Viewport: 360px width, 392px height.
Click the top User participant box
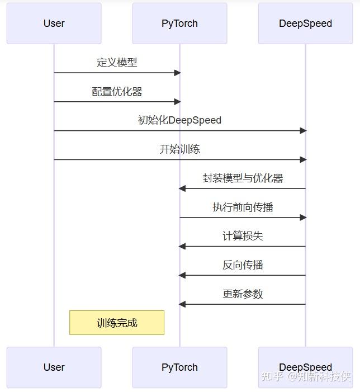[x=54, y=23]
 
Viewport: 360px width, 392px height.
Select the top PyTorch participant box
[x=179, y=23]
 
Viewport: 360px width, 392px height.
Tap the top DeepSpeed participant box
[x=305, y=23]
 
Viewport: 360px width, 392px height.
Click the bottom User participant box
[x=54, y=367]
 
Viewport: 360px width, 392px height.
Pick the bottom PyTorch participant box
[x=179, y=367]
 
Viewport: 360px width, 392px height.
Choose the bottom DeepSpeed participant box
[x=305, y=367]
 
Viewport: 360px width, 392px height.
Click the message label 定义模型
[x=117, y=62]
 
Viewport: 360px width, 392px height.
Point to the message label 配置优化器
[x=117, y=91]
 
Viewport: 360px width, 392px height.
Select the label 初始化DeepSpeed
[x=179, y=120]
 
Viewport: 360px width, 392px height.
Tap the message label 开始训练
[x=179, y=149]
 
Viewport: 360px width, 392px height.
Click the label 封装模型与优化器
[x=243, y=178]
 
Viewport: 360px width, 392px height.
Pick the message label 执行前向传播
[x=243, y=207]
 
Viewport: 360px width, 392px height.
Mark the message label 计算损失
[x=243, y=236]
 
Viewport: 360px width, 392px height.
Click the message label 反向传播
[x=243, y=265]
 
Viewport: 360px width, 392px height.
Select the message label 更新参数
[x=243, y=294]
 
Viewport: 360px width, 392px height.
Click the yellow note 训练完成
[x=117, y=323]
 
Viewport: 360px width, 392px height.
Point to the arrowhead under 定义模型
[x=177, y=73]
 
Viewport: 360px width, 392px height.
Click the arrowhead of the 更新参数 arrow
[x=182, y=304]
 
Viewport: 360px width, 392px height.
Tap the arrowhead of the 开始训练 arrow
[x=303, y=159]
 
